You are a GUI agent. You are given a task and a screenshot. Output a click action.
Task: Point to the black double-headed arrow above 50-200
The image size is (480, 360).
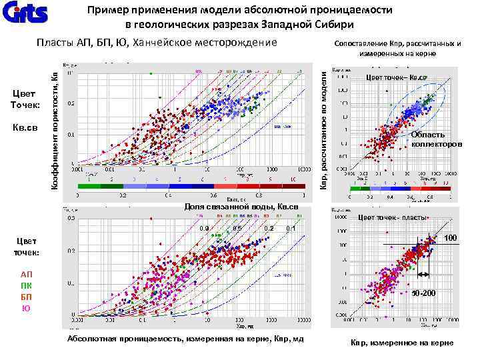423,274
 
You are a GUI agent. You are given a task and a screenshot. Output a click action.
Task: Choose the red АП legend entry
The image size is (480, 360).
26,275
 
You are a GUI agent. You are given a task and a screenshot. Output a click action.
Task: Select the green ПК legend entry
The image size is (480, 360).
26,286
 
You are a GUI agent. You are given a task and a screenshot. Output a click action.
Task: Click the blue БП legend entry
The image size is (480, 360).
26,297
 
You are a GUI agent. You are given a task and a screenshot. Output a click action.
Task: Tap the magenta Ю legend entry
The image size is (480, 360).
26,308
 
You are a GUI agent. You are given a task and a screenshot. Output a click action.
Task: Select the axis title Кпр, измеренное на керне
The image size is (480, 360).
401,343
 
